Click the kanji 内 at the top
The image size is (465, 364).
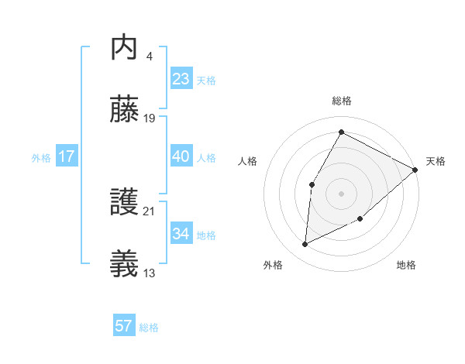coord(125,49)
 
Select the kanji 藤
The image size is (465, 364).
coord(125,110)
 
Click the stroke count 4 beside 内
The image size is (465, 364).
coord(149,57)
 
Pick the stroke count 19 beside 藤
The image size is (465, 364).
coord(150,118)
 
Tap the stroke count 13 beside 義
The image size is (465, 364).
coord(150,273)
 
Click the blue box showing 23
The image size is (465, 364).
coord(181,79)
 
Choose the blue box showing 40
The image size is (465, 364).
coord(181,156)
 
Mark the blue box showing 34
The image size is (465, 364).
coord(181,234)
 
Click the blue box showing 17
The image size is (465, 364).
coord(66,156)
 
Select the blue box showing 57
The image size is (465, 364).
coord(123,326)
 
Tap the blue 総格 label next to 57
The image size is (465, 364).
coord(149,328)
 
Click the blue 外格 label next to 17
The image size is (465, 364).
coord(41,158)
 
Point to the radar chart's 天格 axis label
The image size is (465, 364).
coord(436,161)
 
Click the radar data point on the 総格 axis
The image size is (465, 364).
coord(341,132)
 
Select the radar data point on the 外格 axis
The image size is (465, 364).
coord(305,245)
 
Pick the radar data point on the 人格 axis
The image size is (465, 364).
coord(312,184)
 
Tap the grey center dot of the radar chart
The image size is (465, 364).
coord(341,193)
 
